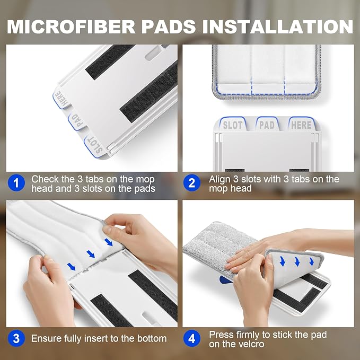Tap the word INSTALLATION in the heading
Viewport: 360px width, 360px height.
pyautogui.click(x=277, y=27)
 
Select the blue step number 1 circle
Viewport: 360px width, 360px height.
pyautogui.click(x=16, y=183)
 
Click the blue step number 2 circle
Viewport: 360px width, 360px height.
pyautogui.click(x=192, y=183)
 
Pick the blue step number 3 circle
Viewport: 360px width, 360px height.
pyautogui.click(x=16, y=338)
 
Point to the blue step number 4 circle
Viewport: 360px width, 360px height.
pyautogui.click(x=192, y=338)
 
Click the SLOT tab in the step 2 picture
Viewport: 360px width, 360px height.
pyautogui.click(x=233, y=124)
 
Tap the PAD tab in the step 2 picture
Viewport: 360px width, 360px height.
pyautogui.click(x=267, y=124)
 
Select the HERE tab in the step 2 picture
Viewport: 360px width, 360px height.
pyautogui.click(x=301, y=124)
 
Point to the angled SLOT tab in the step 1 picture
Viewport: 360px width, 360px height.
pyautogui.click(x=95, y=145)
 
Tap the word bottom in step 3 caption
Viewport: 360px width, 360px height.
pyautogui.click(x=152, y=339)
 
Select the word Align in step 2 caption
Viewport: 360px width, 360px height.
pyautogui.click(x=219, y=179)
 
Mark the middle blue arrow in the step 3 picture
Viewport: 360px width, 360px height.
pyautogui.click(x=91, y=254)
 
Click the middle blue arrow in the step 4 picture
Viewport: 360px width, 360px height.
pyautogui.click(x=297, y=262)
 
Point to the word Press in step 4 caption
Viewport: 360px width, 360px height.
pyautogui.click(x=221, y=335)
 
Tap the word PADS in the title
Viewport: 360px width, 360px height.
pyautogui.click(x=169, y=27)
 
